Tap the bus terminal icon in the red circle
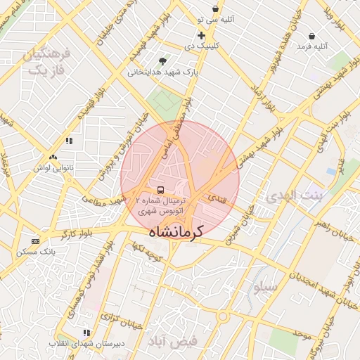(161, 190)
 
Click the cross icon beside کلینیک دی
(202, 35)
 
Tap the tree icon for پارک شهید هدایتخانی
(164, 61)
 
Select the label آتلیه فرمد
(312, 46)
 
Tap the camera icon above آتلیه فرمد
(311, 35)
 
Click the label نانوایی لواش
(53, 167)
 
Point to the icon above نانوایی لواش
(53, 157)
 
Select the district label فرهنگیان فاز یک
(47, 62)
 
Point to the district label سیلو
(268, 287)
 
